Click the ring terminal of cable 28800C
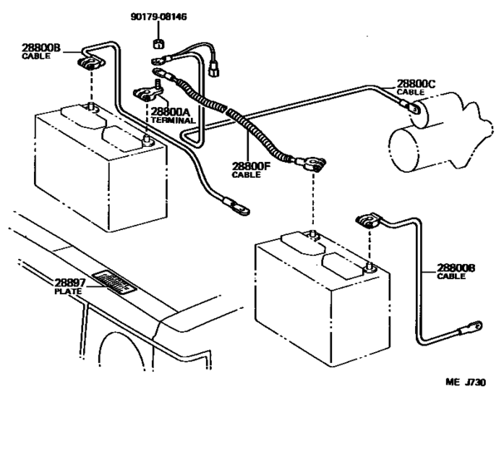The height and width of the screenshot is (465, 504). tap(410, 105)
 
